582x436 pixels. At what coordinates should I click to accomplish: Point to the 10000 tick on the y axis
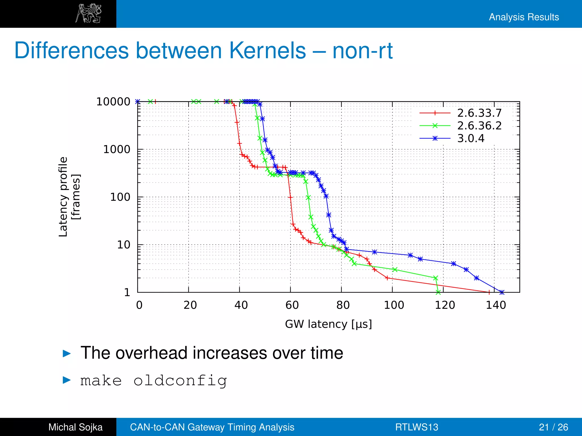(x=113, y=102)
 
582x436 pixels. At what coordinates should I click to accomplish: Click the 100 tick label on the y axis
(x=120, y=197)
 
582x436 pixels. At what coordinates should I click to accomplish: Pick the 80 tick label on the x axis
(x=343, y=305)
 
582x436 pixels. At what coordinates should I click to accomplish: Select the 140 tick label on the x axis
(x=496, y=305)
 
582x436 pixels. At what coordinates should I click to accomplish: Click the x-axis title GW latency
(x=328, y=324)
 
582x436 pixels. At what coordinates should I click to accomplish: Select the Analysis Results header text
(x=524, y=17)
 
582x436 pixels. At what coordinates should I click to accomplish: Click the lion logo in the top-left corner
(x=89, y=13)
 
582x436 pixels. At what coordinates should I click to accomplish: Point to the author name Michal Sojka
(x=75, y=427)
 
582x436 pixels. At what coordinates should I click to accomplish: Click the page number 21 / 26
(x=553, y=427)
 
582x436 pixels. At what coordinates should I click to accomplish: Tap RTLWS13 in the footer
(x=417, y=427)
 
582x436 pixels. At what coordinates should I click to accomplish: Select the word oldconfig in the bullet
(x=180, y=380)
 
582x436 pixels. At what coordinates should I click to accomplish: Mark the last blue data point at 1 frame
(x=502, y=292)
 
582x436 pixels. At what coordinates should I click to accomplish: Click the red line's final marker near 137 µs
(x=489, y=292)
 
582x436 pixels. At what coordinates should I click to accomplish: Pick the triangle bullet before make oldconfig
(x=66, y=380)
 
